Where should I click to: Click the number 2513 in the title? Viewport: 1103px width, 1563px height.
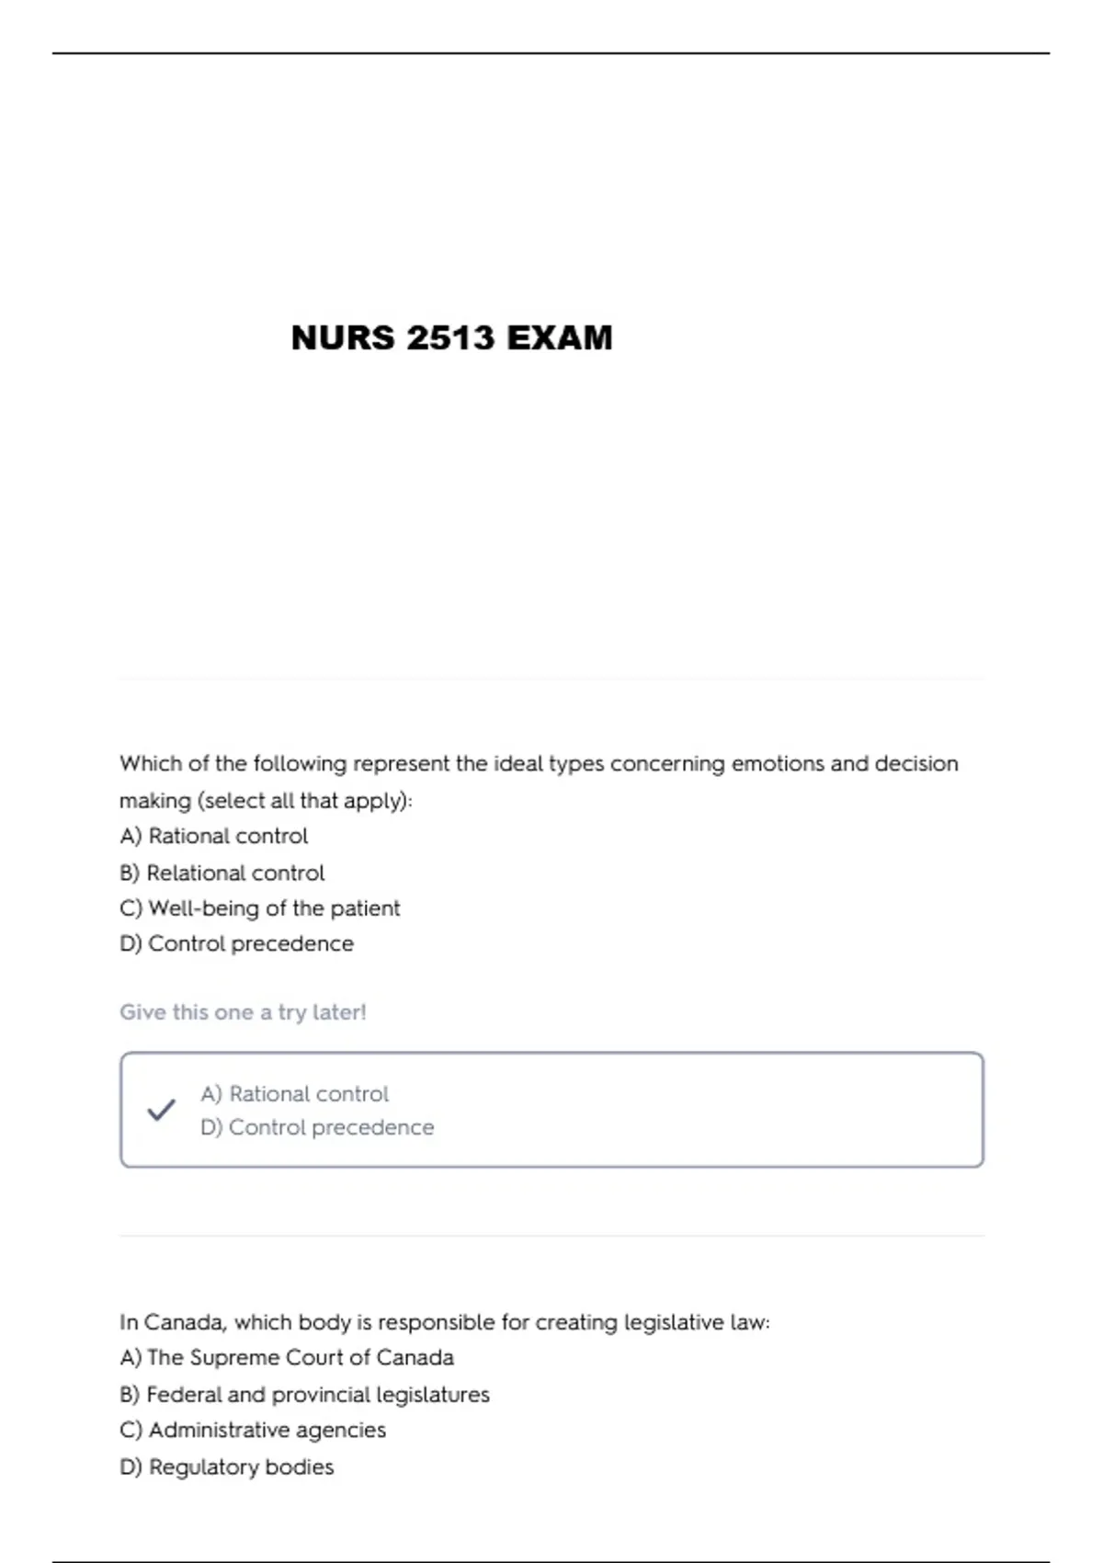(x=450, y=338)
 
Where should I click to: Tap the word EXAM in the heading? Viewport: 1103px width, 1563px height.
(x=559, y=338)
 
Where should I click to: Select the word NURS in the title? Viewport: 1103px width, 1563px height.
(x=342, y=338)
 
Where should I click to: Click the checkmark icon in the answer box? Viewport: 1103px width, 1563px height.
(x=161, y=1110)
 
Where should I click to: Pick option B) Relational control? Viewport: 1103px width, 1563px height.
(x=222, y=873)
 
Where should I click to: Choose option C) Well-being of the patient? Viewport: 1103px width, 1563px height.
(x=259, y=908)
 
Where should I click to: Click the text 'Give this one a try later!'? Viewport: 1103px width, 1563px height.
(x=243, y=1012)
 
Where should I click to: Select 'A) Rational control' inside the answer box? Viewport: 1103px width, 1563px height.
(x=294, y=1094)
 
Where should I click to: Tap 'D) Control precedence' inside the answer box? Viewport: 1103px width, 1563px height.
(x=317, y=1127)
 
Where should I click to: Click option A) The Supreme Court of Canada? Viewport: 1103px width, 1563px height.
(x=286, y=1358)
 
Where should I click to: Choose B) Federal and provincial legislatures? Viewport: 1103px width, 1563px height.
(x=304, y=1395)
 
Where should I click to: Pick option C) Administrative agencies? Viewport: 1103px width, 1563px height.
(x=253, y=1431)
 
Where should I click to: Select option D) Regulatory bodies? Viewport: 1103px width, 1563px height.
(x=226, y=1467)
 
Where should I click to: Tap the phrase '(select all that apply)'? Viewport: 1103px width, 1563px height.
(x=304, y=801)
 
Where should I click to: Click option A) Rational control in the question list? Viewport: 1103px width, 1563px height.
(x=213, y=837)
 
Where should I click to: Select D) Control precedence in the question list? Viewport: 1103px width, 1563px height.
(x=236, y=944)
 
